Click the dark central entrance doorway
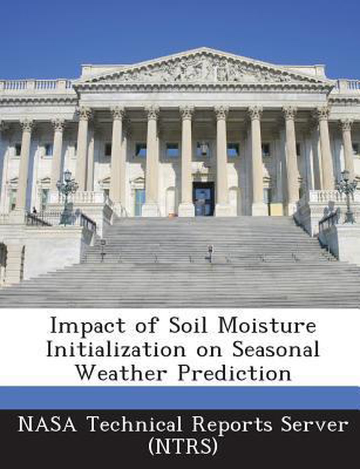pyautogui.click(x=203, y=199)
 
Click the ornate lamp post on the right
pyautogui.click(x=347, y=195)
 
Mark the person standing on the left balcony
pyautogui.click(x=34, y=210)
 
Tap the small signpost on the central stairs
pyautogui.click(x=210, y=253)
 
